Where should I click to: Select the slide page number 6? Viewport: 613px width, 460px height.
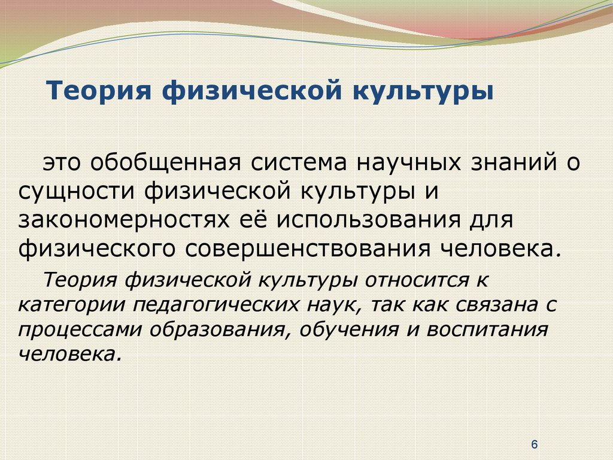point(535,444)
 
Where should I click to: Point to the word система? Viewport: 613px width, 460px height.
point(299,163)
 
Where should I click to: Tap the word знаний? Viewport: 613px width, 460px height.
point(514,163)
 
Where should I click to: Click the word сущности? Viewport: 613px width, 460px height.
point(77,192)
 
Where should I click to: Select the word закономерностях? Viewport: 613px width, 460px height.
point(123,220)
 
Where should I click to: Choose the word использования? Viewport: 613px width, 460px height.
point(369,220)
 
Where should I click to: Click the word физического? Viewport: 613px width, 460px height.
point(96,249)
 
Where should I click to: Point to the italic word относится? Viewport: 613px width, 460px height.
point(415,280)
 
